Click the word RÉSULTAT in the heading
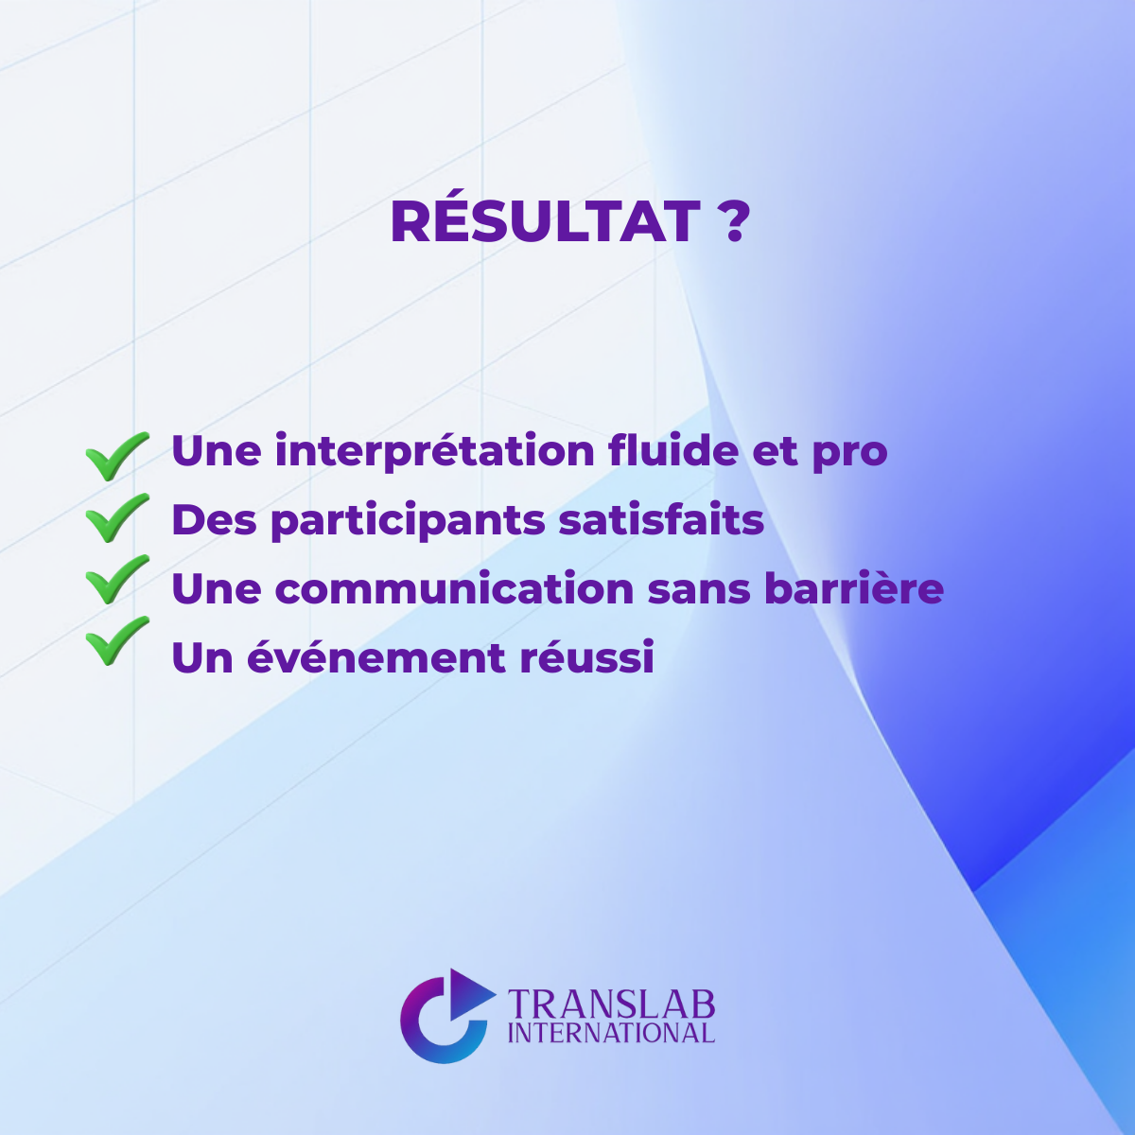coord(544,222)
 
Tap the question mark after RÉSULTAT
coord(733,222)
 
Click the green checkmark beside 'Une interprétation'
coord(116,455)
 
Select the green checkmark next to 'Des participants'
coord(116,517)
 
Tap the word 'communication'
coord(454,589)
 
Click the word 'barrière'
coord(853,589)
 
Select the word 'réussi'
coord(586,658)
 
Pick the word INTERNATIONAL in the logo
coord(611,1033)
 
